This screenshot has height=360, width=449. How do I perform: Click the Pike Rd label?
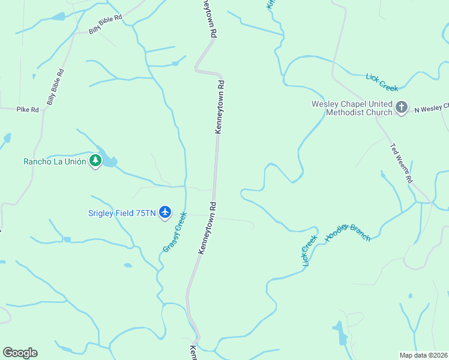(28, 110)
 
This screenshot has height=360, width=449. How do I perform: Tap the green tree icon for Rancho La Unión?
(95, 161)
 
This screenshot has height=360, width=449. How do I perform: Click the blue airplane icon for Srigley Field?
(166, 212)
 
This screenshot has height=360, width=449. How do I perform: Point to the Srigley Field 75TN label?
(122, 212)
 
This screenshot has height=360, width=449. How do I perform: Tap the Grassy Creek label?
(175, 232)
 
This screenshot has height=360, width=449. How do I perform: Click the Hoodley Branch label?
(348, 228)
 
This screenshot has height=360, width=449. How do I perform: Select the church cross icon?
(402, 108)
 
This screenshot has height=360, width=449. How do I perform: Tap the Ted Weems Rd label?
(402, 163)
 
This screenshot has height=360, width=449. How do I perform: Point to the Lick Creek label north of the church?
(382, 82)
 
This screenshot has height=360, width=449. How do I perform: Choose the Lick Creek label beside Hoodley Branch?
(310, 250)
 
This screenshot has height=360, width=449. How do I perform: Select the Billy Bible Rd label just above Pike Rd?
(55, 88)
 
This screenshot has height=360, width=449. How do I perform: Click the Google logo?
(20, 353)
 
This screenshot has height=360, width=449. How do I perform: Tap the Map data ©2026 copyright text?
(423, 355)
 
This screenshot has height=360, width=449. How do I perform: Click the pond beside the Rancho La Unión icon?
(109, 160)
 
